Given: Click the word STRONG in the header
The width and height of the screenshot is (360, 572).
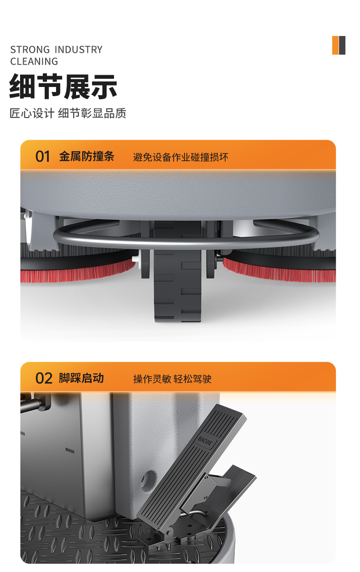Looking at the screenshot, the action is point(30,50).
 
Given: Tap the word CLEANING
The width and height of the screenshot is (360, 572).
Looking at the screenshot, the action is point(34,61).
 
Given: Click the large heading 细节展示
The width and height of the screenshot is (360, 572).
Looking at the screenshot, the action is point(63,87).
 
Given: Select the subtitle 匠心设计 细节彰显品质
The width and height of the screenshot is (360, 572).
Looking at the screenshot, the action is point(68,113).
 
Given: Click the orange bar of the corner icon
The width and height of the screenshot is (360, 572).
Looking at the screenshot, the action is point(335,45).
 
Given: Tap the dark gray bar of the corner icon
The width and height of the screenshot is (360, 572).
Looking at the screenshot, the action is point(342,45).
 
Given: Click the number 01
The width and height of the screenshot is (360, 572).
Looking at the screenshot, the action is point(43,157).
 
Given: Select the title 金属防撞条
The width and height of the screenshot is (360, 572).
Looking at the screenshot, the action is point(87,156).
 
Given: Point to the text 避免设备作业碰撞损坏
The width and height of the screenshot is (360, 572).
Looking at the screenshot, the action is point(180,157).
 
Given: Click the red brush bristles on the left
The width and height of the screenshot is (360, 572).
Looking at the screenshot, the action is point(77,275).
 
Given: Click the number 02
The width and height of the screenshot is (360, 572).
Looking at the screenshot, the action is point(44,378).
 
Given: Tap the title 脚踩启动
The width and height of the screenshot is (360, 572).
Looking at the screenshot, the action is point(81,378).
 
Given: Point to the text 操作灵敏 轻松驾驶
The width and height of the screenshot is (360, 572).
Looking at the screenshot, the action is point(172,379).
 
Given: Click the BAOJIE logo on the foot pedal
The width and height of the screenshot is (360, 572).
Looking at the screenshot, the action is point(205,440).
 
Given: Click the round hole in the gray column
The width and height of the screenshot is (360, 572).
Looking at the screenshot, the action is point(149,479).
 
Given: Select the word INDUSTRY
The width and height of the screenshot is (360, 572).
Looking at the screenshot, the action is point(79,50).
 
